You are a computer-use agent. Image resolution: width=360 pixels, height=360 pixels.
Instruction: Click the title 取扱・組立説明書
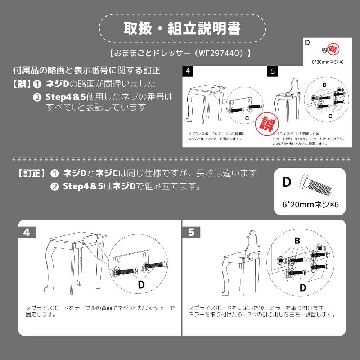[182, 29]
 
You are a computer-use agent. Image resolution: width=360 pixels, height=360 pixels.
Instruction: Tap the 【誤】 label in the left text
[21, 84]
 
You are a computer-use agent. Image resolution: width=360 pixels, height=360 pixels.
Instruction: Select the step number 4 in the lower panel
[27, 233]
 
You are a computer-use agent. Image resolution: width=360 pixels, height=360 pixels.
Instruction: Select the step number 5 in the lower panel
[191, 233]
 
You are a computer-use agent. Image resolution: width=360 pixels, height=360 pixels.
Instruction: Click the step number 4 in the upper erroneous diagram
[188, 71]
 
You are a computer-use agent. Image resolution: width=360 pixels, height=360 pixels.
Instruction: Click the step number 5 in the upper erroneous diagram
[273, 71]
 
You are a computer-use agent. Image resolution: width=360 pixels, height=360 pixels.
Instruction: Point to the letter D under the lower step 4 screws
[141, 284]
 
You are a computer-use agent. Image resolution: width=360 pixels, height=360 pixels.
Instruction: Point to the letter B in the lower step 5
[297, 241]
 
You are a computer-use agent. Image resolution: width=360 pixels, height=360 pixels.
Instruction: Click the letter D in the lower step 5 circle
[303, 287]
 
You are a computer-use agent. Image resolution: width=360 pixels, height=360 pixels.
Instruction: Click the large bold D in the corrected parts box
[287, 182]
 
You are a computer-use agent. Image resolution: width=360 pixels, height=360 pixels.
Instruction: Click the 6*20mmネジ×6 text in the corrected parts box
[310, 204]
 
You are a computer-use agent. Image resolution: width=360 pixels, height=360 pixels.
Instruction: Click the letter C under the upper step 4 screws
[247, 118]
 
